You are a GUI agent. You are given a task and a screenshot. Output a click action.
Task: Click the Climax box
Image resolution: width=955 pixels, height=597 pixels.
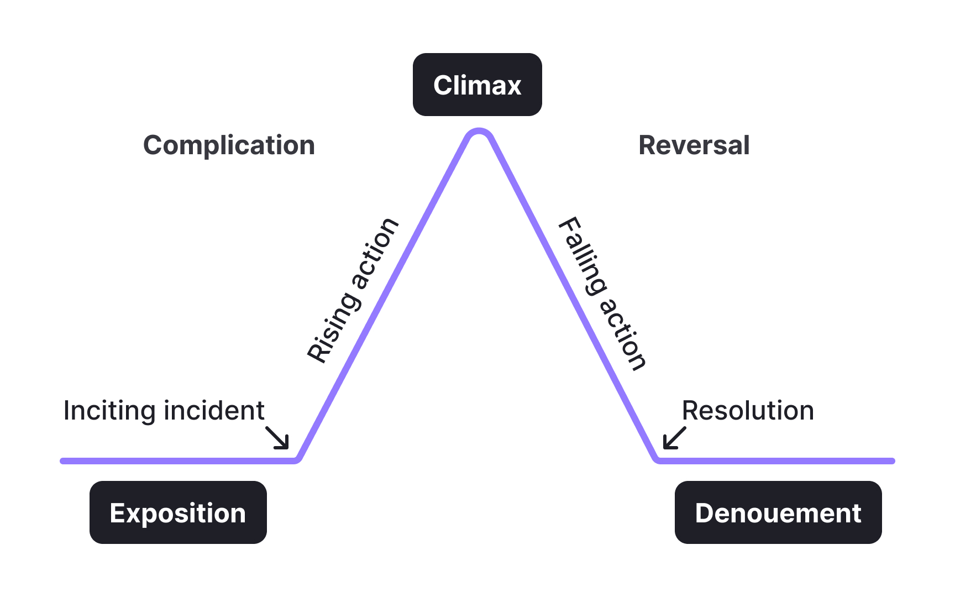[x=477, y=85]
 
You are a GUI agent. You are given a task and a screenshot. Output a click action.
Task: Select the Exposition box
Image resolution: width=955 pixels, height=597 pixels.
[x=178, y=512]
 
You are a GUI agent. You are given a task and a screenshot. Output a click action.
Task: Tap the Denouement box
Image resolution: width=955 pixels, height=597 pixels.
[x=778, y=512]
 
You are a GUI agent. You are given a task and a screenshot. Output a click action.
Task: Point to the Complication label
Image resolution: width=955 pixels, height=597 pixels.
[x=229, y=145]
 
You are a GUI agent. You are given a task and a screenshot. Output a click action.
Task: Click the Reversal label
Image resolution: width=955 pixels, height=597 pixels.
[x=694, y=145]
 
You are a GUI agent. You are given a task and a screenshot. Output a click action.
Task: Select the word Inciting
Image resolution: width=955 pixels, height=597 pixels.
[x=109, y=411]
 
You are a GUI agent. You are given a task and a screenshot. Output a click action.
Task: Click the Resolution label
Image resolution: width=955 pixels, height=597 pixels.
[x=748, y=411]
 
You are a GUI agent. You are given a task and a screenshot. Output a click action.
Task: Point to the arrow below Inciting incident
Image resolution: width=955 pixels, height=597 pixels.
[x=277, y=437]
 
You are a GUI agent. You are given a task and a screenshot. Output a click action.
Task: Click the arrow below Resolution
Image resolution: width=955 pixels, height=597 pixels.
[x=674, y=438]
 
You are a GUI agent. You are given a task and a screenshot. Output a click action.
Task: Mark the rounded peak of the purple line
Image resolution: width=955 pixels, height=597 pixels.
[x=479, y=132]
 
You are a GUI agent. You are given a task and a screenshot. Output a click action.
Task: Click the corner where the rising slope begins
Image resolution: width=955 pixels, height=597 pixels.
[x=297, y=459]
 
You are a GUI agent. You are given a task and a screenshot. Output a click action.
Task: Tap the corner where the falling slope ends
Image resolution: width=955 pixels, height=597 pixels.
[x=658, y=459]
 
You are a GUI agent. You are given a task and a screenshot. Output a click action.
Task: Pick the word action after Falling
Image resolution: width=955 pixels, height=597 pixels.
[x=623, y=334]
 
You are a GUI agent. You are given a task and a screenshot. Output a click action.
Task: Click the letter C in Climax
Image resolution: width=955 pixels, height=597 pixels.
[x=443, y=86]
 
